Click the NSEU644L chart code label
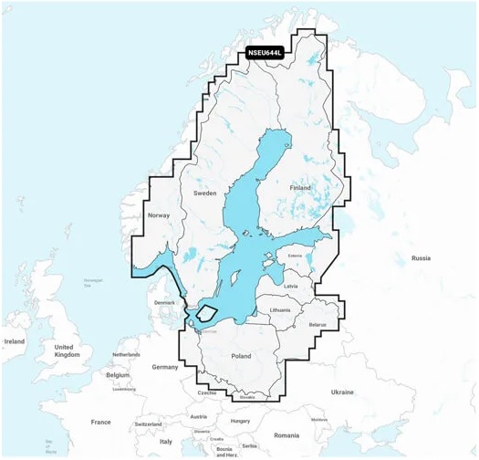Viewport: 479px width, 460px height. pos(266,52)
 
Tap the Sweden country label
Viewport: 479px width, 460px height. pos(205,193)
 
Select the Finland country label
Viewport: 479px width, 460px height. pos(300,187)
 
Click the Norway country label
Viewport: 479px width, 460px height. pos(159,215)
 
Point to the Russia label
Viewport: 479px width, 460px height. pos(420,258)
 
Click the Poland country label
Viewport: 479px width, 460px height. pos(241,356)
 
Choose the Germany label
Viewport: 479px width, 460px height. pos(165,366)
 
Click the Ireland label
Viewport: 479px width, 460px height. pos(14,341)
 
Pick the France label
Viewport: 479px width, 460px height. pos(100,422)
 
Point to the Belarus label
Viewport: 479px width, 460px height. pos(318,324)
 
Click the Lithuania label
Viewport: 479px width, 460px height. pos(280,310)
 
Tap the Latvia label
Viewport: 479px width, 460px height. pos(291,286)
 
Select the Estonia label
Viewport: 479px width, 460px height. pos(295,256)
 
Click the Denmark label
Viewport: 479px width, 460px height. pos(164,302)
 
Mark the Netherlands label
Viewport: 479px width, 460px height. pos(126,354)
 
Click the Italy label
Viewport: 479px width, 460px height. pos(165,441)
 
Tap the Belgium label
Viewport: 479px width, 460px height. pos(118,374)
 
